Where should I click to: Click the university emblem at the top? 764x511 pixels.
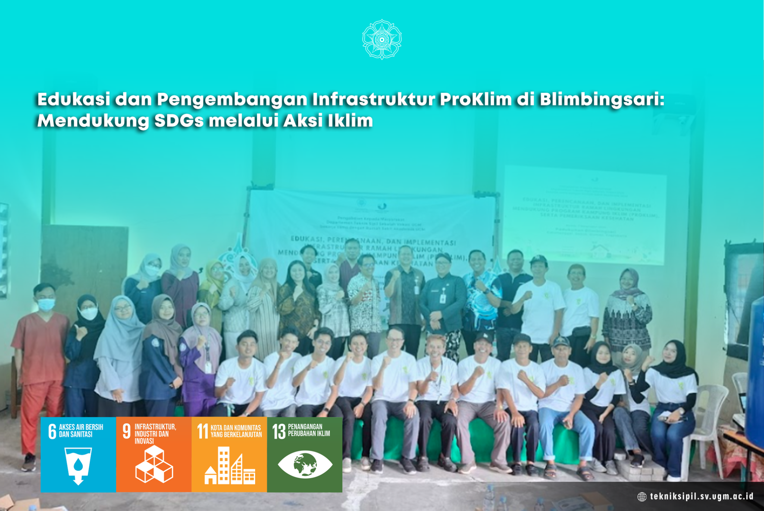coord(382,39)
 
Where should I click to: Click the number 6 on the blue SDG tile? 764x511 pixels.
coord(52,432)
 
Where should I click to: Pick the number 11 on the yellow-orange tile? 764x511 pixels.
coord(202,432)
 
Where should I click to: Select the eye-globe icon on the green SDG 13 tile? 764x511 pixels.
coord(305,465)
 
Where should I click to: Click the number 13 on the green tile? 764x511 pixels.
coord(279,432)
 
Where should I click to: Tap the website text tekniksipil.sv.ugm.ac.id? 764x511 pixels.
coord(701,496)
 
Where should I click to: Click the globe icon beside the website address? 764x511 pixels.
coord(642,497)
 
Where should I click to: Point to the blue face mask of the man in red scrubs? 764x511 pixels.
coord(46,304)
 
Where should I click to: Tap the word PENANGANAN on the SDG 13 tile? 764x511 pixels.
coord(305,427)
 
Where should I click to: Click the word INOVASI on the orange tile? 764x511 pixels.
coord(144,441)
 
